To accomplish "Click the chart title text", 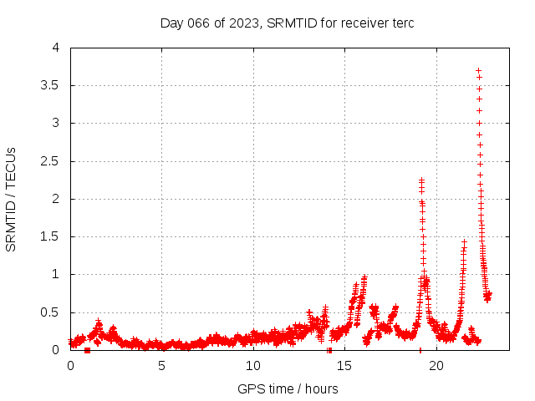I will [x=287, y=23].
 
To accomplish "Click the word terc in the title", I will [x=401, y=23].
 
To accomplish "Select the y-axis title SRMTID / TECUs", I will [x=12, y=199].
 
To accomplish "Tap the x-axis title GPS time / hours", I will [x=287, y=388].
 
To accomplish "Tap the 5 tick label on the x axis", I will [x=161, y=366].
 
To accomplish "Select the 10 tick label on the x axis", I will [x=252, y=366].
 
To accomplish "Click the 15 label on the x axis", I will [x=344, y=366].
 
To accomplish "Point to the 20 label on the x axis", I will [x=436, y=366].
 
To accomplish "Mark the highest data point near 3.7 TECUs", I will [x=478, y=70].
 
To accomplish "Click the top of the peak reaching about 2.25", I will [x=421, y=180].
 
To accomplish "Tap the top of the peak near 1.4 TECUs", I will [x=464, y=242].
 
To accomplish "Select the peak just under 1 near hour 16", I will [x=364, y=277].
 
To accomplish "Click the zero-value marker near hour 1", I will [x=87, y=350].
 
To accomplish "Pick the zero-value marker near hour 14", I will [x=329, y=350].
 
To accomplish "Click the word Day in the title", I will [x=171, y=23].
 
